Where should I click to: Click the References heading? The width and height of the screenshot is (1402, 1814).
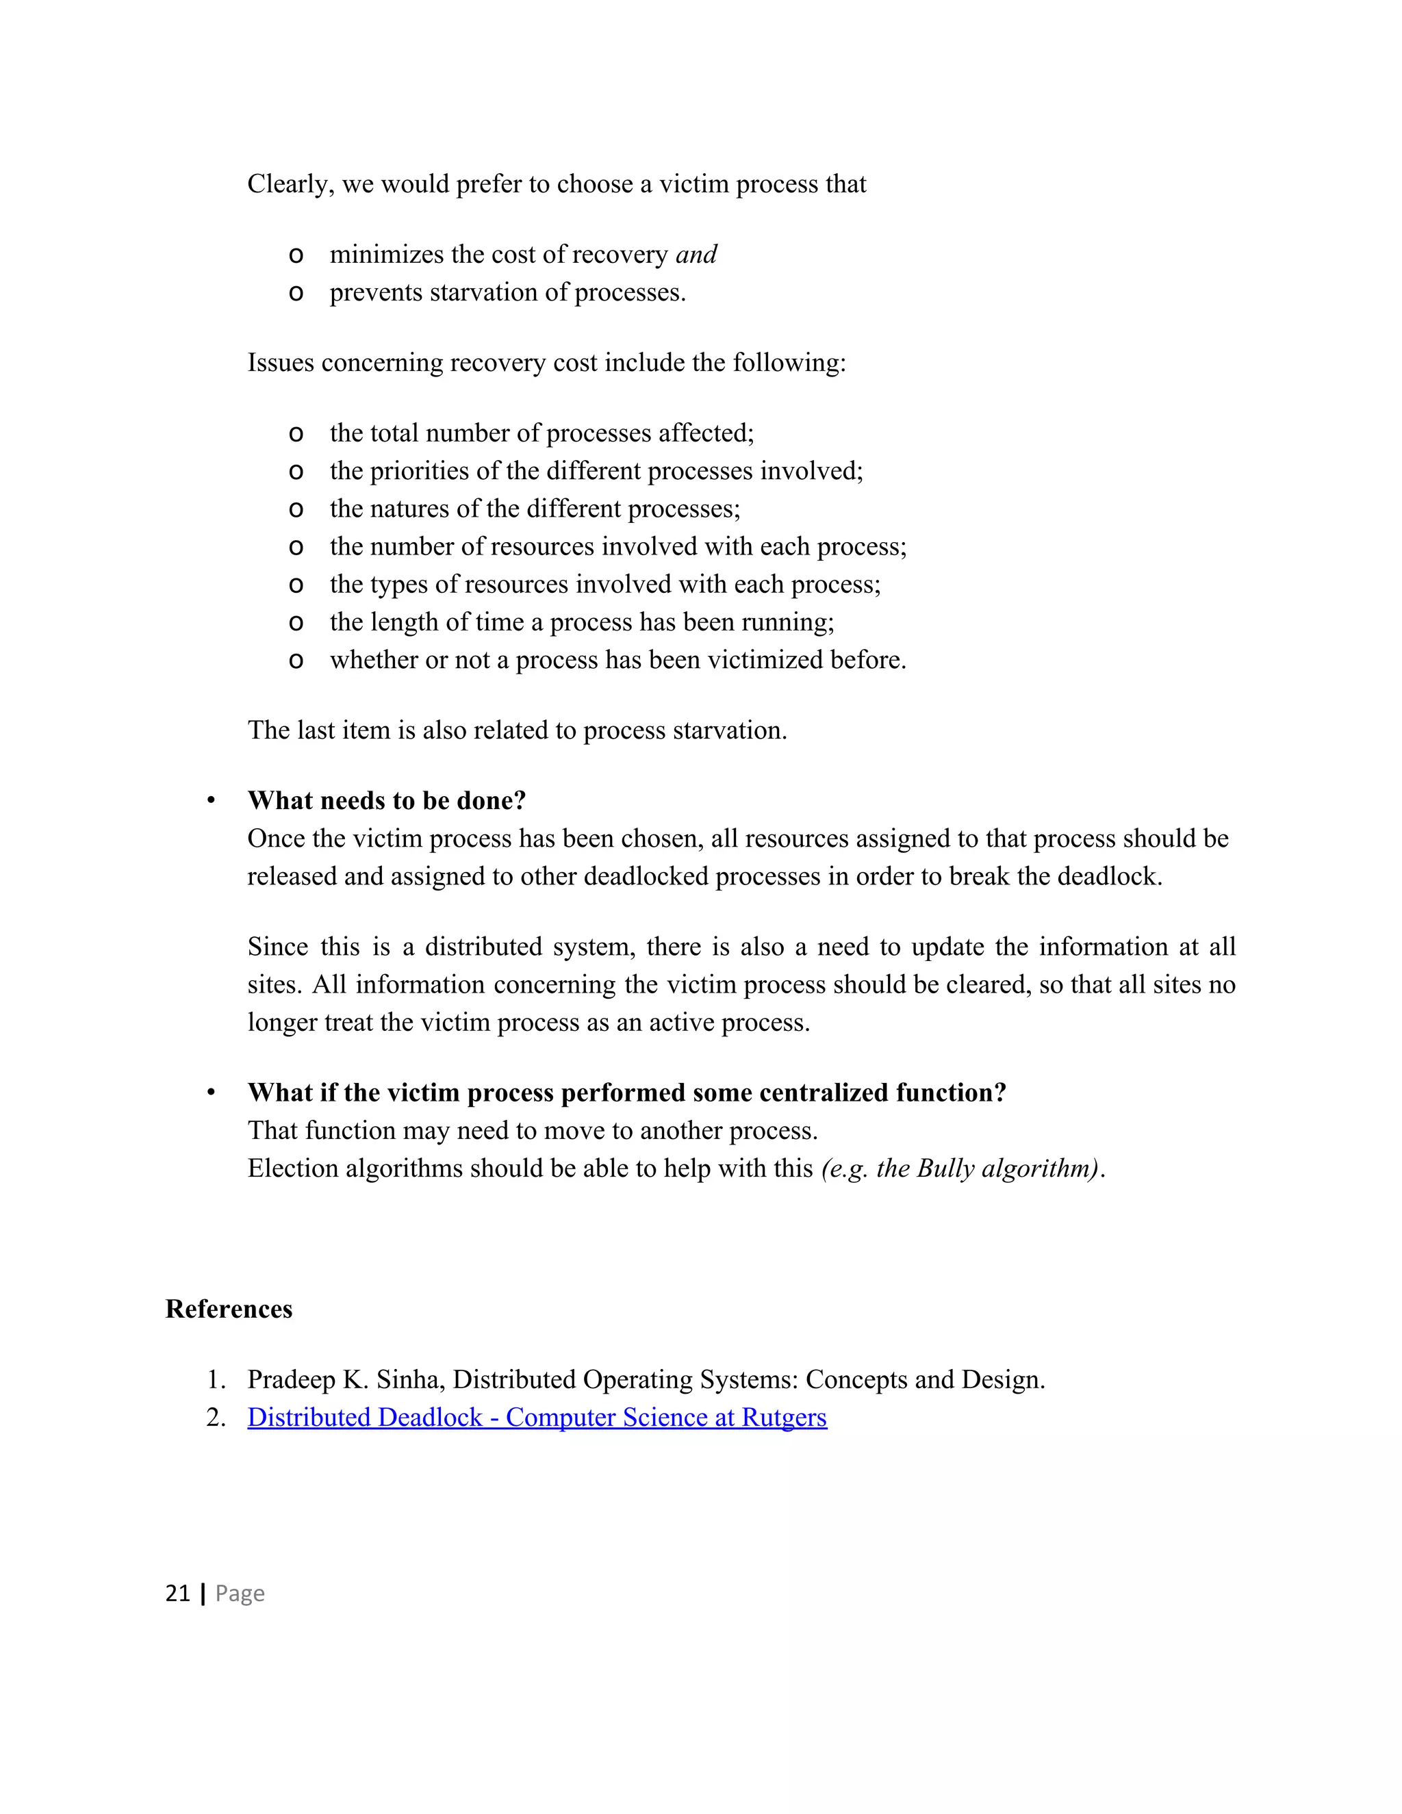(229, 1309)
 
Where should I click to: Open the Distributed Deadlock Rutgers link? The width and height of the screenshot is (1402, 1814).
(537, 1418)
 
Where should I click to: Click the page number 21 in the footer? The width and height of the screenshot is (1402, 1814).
(178, 1593)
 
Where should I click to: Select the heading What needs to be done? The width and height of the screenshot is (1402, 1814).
(386, 801)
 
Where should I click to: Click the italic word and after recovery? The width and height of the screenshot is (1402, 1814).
(696, 254)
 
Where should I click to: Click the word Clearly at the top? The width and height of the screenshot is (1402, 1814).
(290, 183)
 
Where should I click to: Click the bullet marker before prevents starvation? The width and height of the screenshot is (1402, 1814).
(296, 293)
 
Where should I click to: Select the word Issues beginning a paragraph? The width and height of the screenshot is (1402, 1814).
(281, 363)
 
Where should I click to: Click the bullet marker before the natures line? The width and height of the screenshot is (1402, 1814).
(296, 509)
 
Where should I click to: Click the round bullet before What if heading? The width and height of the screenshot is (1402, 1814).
(211, 1093)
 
